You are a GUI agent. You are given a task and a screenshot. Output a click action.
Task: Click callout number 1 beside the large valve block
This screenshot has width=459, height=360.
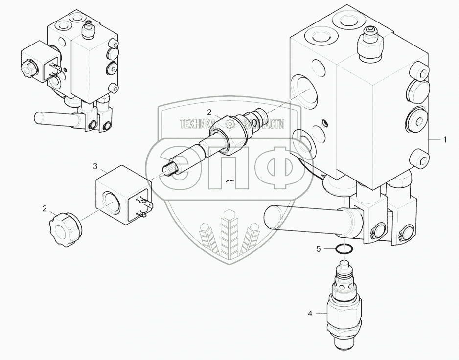pos(445,140)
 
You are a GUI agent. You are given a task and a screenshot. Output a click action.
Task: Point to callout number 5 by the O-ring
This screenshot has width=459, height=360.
pos(318,249)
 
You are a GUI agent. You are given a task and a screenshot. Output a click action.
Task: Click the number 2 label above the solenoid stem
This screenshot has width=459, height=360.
pos(208,111)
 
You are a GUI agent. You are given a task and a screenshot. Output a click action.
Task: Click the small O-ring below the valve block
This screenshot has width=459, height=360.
pos(346,249)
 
